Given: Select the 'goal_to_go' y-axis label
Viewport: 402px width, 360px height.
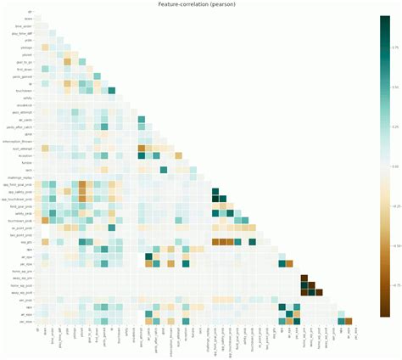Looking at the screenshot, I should [x=23, y=61].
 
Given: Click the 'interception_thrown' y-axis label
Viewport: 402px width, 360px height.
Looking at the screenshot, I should [x=19, y=141].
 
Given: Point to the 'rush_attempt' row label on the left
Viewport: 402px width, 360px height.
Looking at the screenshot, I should [x=22, y=149].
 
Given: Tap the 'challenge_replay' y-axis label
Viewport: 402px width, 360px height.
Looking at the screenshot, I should [x=20, y=177].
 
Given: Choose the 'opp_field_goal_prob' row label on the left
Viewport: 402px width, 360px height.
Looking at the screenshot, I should [x=19, y=184].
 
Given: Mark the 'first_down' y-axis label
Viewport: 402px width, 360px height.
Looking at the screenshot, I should [x=24, y=69].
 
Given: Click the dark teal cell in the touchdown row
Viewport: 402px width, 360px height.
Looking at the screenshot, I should [x=111, y=90].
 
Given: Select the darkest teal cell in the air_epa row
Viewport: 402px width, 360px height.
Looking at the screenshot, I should [x=148, y=256].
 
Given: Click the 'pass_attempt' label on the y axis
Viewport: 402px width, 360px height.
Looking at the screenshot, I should [x=22, y=112].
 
